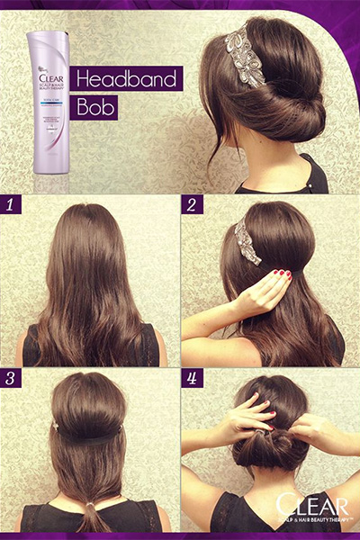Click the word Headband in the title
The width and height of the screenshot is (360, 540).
128,78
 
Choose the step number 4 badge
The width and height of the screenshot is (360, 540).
192,379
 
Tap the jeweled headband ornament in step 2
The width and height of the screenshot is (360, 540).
244,242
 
